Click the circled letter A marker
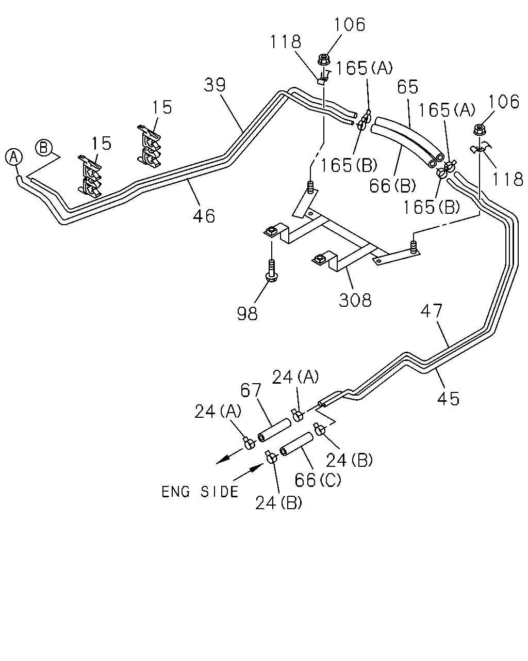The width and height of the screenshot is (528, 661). [x=14, y=158]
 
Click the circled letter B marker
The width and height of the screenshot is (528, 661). [x=43, y=148]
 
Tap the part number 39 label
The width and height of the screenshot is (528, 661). [x=214, y=85]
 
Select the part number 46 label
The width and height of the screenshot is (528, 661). [x=204, y=216]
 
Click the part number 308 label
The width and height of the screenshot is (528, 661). [x=355, y=300]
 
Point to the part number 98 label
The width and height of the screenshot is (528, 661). [x=247, y=313]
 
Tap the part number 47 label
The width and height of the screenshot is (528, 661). [x=432, y=311]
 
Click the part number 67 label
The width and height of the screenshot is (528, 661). [x=251, y=390]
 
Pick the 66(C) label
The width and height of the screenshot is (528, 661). [x=318, y=479]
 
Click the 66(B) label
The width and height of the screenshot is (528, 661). [x=392, y=185]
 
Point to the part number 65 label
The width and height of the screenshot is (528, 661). [x=407, y=87]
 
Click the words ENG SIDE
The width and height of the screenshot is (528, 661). [x=200, y=492]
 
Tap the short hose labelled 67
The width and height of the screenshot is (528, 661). [x=274, y=430]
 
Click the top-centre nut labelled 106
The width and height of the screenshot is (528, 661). [x=323, y=59]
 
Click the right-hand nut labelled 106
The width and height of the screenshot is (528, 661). [x=479, y=129]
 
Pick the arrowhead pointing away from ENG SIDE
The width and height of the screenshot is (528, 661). [x=223, y=460]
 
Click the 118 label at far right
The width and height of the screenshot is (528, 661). [x=507, y=179]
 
